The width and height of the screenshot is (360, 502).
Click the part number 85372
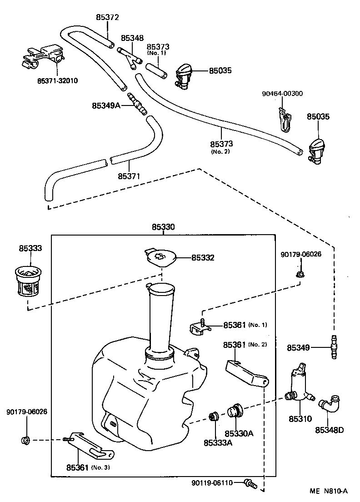[107, 17]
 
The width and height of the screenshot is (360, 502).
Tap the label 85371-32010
[57, 80]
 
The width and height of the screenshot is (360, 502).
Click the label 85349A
[106, 105]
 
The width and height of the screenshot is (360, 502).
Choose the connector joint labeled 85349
[334, 347]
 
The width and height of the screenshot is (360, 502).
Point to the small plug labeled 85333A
[213, 417]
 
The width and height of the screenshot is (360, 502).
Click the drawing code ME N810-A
[328, 491]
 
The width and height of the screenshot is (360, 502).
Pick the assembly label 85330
[163, 227]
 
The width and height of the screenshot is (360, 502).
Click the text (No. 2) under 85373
[220, 151]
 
